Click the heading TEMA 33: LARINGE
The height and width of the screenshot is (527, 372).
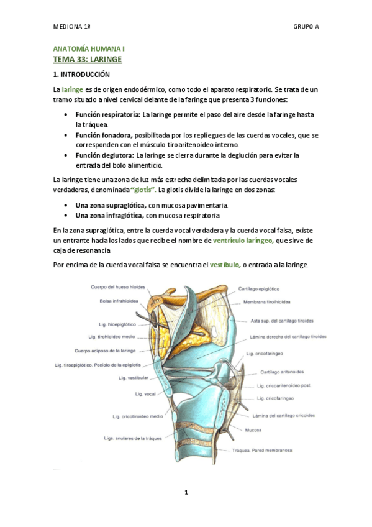click(x=87, y=59)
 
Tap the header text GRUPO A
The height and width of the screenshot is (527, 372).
click(x=306, y=27)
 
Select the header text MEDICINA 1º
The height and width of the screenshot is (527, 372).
click(x=72, y=27)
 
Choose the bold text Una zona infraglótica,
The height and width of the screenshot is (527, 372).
click(x=109, y=215)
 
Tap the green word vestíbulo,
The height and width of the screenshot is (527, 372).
click(x=225, y=265)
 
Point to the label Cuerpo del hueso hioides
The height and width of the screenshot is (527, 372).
click(x=118, y=287)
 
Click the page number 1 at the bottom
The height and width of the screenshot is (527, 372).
click(x=186, y=492)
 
